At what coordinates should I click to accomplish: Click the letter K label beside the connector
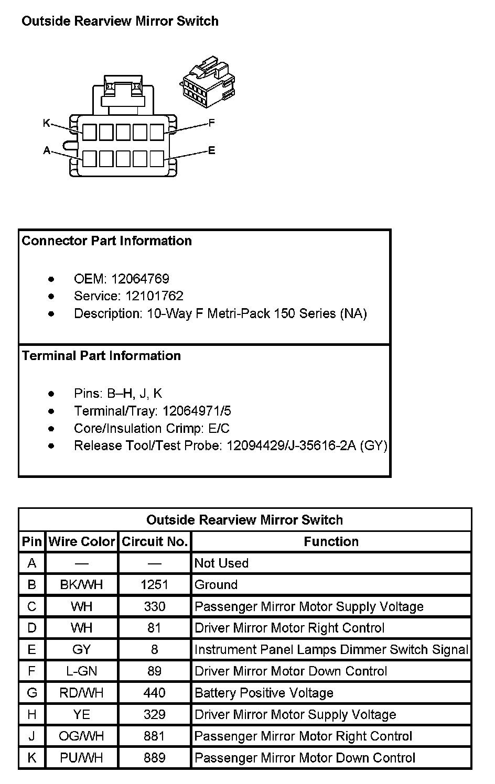coord(46,123)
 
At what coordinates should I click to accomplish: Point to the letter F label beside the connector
coord(211,123)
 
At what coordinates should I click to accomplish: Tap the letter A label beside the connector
coord(46,151)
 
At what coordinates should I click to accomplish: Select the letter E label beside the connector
coord(211,151)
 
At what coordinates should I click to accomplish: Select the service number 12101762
coord(154,296)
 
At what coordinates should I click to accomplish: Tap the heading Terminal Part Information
coord(101,356)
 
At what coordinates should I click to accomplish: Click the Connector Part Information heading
coord(106,241)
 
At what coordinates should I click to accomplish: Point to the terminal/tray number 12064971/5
coord(197,411)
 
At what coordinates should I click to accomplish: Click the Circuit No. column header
coord(155,542)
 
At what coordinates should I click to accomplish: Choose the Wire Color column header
coord(81,542)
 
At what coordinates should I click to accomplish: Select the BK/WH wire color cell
coord(81,585)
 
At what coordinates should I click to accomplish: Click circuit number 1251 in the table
coord(154,585)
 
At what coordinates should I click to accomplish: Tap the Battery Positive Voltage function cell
coord(264,693)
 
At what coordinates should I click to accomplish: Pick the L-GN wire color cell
coord(81,671)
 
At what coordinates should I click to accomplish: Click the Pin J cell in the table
coord(32,736)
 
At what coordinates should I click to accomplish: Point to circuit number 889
coord(154,758)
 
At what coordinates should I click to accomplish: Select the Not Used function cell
coord(221,563)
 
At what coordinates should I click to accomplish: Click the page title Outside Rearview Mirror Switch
coord(120,21)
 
